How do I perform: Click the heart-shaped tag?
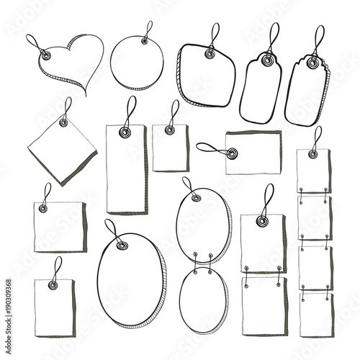coord(72,68)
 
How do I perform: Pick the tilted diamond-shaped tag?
coord(62,148)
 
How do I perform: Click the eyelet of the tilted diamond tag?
coord(63,122)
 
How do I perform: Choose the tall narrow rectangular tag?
coord(126,169)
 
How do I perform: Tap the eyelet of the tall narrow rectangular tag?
coord(125,132)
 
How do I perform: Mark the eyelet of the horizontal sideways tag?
coord(232,153)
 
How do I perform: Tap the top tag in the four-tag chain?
coord(313,171)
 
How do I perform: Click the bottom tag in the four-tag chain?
coord(315,313)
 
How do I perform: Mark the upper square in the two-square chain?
coord(261,243)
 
